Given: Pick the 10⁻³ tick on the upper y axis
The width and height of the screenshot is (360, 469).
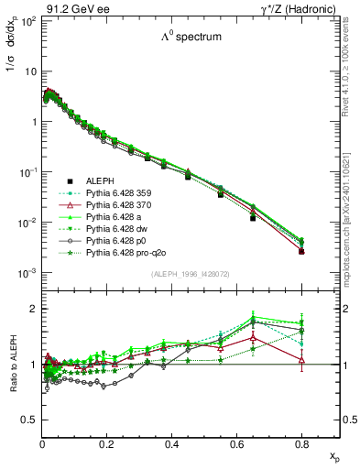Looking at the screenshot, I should point(27,274).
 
